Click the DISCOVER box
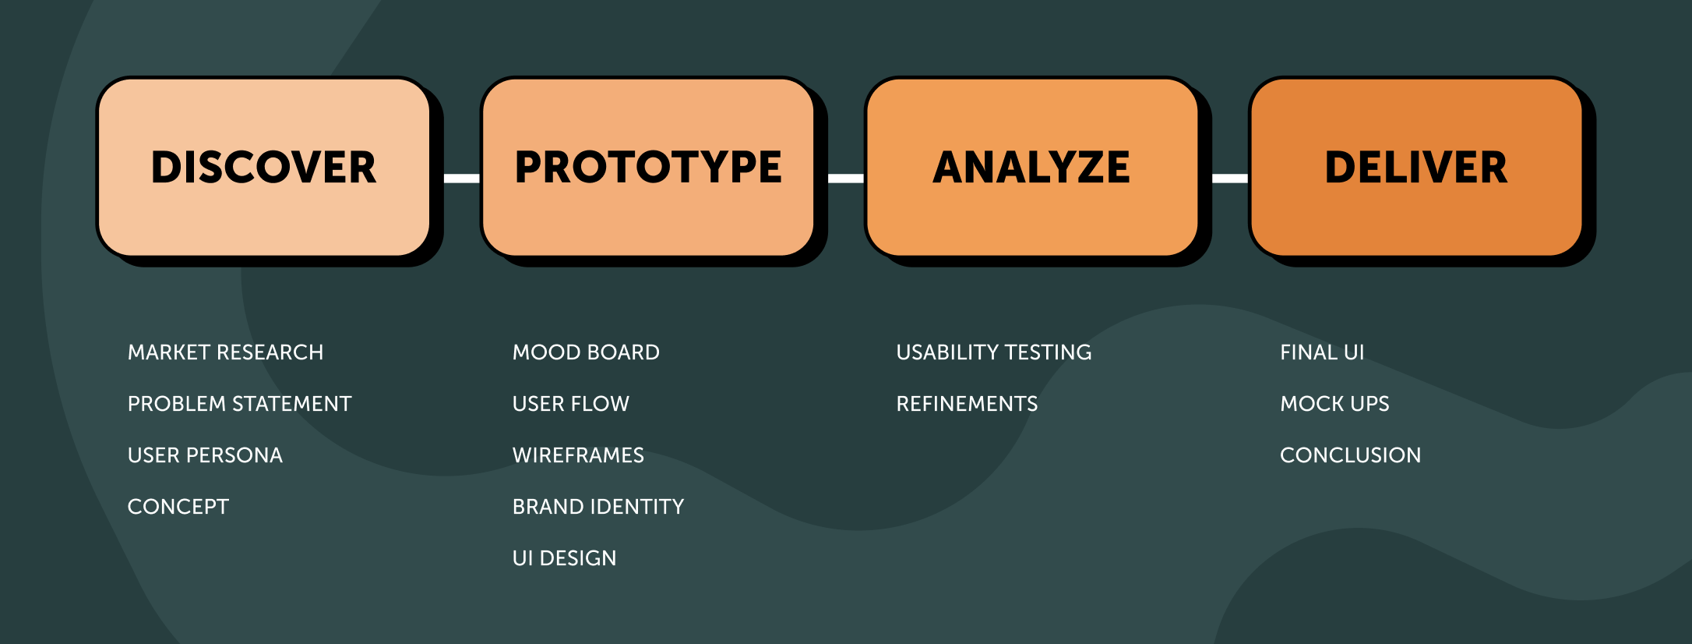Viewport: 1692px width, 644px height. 264,167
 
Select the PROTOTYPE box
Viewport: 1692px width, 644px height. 648,167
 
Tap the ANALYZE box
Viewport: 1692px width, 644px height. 1031,167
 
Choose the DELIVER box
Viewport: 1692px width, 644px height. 1416,167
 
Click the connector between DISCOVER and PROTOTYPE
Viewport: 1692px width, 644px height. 462,178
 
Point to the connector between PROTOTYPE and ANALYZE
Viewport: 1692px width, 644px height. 846,178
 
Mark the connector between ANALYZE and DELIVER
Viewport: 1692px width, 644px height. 1230,178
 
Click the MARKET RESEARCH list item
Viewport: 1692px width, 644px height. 225,352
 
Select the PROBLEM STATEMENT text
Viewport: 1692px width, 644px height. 239,404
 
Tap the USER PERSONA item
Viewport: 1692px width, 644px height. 205,455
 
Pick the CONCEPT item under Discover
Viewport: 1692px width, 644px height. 178,507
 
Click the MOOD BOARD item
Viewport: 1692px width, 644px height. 586,352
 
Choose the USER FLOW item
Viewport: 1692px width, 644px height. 571,404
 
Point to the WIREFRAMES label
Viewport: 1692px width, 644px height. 578,455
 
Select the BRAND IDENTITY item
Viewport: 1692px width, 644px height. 598,507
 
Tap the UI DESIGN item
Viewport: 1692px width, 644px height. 564,558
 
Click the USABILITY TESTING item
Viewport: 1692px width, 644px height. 994,352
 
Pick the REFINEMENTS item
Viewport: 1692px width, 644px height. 967,404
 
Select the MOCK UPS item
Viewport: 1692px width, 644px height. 1334,404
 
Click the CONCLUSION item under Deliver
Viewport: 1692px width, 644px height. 1350,455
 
